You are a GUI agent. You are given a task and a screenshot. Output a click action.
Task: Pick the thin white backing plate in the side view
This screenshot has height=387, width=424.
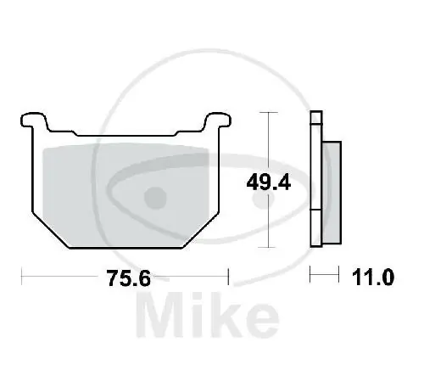click(316, 182)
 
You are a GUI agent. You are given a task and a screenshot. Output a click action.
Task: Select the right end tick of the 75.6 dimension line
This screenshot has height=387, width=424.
click(229, 276)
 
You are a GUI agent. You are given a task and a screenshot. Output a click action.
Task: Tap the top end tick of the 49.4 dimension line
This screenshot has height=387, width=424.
click(268, 112)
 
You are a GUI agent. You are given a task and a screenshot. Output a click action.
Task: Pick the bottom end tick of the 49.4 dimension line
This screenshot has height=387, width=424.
click(268, 248)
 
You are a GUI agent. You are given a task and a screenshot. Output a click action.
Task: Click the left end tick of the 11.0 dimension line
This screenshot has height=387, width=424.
click(311, 276)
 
